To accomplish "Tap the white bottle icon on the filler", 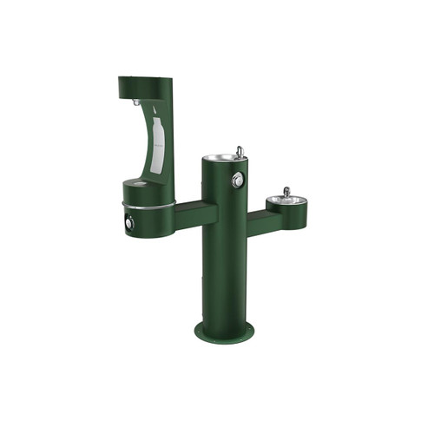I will pos(157,140).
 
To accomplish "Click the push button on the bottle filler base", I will pos(129,223).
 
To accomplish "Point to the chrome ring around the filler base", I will pos(148,207).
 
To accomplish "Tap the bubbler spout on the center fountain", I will pos(239,152).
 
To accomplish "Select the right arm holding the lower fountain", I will pos(264,221).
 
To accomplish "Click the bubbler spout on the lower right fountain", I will pos(285,191).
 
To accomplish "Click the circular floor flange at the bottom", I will pos(224,331).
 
